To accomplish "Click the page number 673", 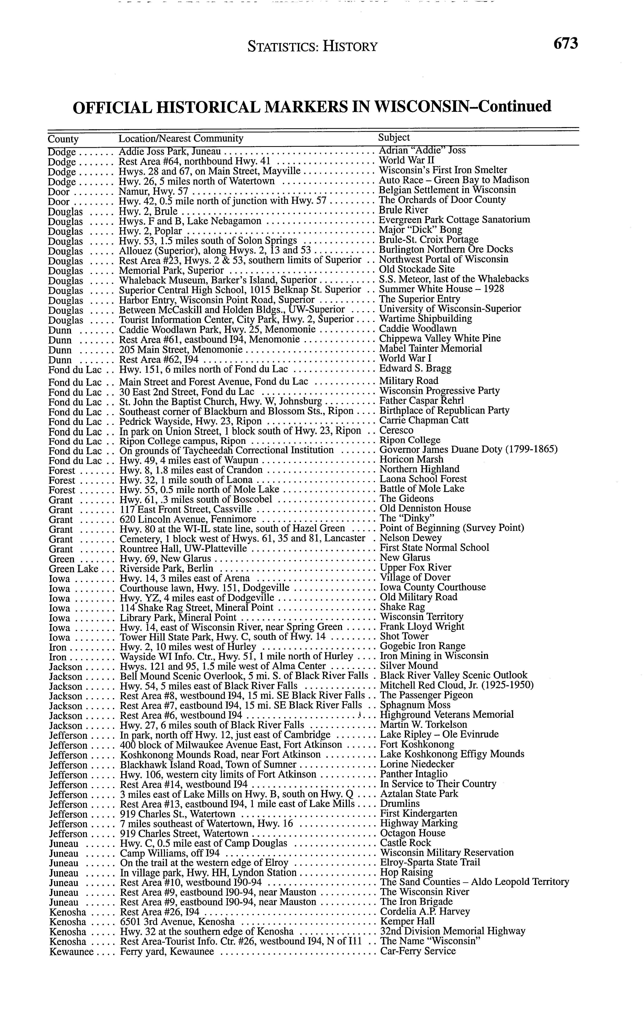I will click(566, 44).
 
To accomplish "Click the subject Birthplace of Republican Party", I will click(444, 410).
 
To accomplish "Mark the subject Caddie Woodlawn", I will click(417, 328).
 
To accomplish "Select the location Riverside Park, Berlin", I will click(167, 569).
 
